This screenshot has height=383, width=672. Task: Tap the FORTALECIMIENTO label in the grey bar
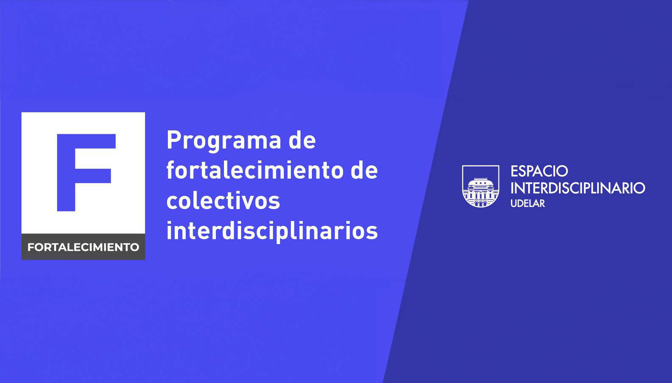83,247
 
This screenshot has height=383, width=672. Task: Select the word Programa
224,141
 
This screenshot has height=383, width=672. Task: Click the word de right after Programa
302,140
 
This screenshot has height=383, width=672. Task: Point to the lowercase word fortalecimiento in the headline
255,170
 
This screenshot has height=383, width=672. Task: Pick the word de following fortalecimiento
364,170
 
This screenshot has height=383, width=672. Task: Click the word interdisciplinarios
272,231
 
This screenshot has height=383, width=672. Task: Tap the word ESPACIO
539,171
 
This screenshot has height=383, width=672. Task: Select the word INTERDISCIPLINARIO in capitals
578,188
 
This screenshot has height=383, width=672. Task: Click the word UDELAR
528,203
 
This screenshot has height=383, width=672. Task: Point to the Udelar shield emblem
481,186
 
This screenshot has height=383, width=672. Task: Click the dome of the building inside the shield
481,181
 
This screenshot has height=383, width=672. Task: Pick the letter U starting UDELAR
514,203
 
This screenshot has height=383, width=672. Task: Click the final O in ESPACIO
562,171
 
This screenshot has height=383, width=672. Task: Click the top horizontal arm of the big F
86,141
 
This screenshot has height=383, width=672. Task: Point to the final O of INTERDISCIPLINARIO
639,188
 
